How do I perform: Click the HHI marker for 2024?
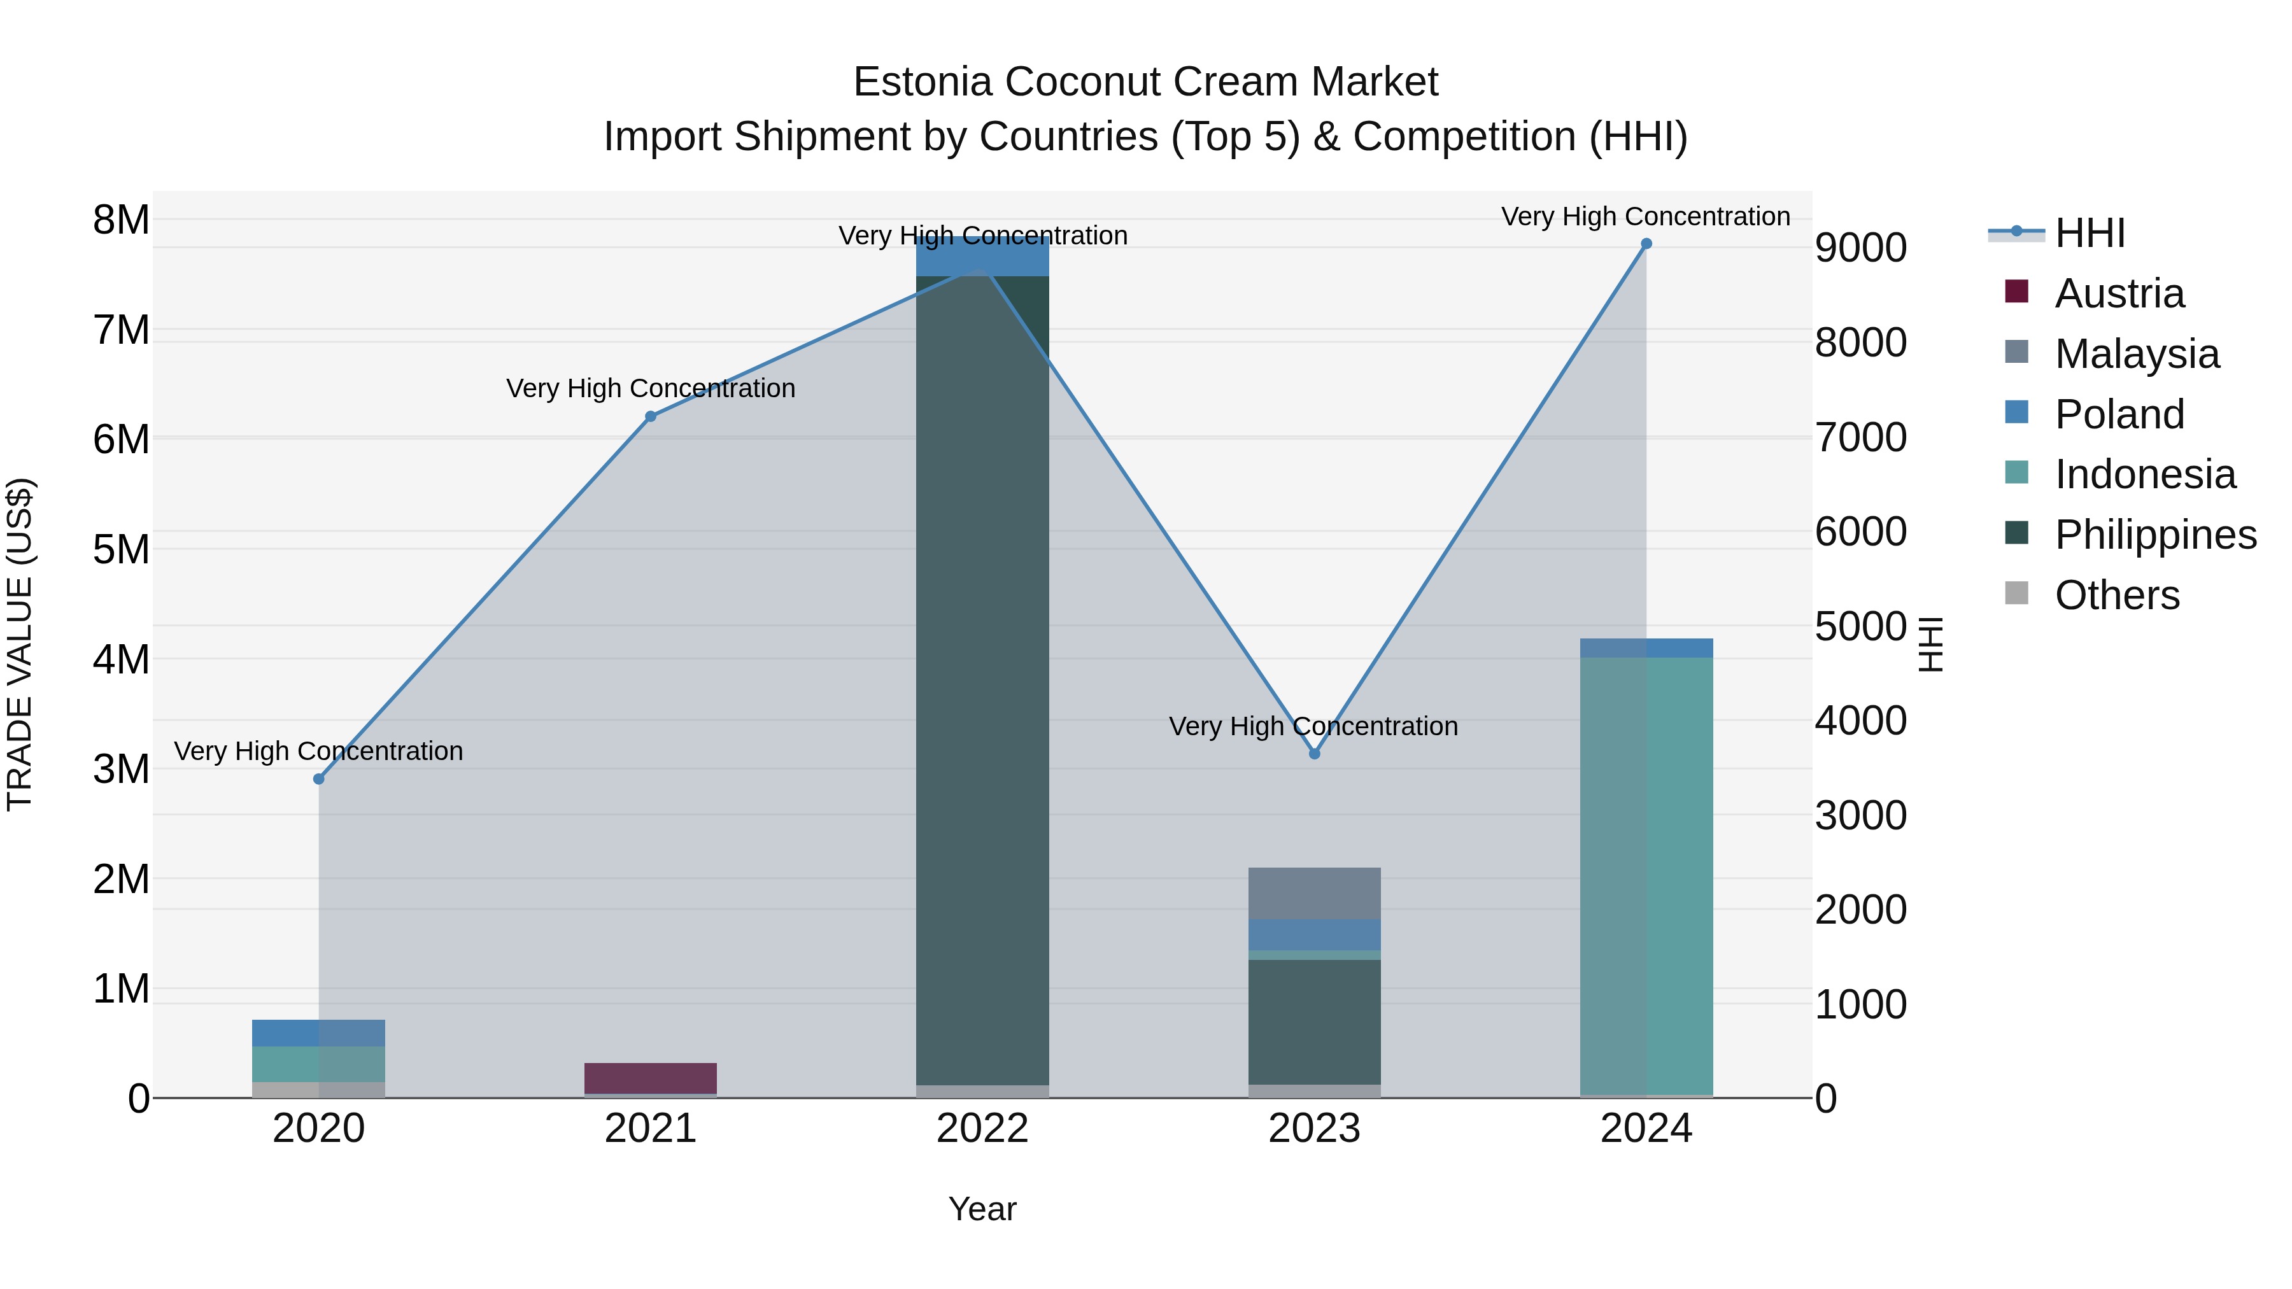coord(1646,244)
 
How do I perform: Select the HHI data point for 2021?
coord(651,416)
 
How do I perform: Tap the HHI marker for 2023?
coord(1314,754)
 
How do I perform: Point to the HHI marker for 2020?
coord(318,779)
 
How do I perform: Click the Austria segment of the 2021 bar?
coord(651,1078)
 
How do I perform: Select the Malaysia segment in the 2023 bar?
coord(1314,893)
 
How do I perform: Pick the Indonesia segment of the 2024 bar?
coord(1646,877)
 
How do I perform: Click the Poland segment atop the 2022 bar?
coord(982,258)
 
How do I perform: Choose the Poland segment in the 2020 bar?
coord(318,1033)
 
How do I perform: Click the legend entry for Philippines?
coord(2155,535)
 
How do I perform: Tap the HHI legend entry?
coord(2089,233)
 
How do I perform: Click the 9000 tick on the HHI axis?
coord(1860,248)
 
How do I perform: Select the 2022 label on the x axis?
coord(982,1129)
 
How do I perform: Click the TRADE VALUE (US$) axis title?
coord(20,644)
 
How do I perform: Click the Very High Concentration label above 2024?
coord(1645,216)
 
